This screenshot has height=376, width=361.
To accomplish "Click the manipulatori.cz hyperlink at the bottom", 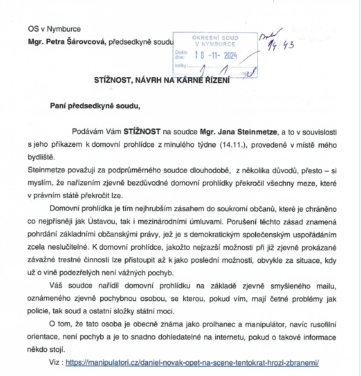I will [192, 363].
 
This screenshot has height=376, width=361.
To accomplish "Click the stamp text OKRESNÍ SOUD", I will [215, 38].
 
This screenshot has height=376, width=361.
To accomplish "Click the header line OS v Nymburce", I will [54, 29].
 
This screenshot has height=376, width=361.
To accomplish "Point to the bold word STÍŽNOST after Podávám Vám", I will [142, 132].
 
